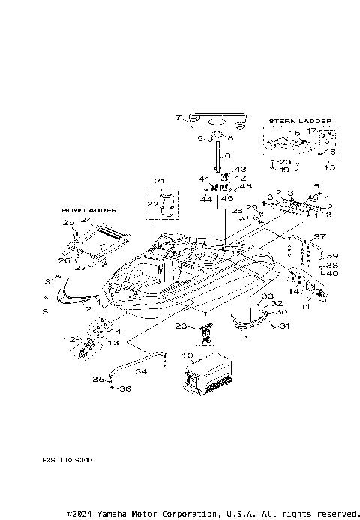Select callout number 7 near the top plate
pos(178,117)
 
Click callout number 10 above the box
pos(187,355)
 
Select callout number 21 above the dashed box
pos(158,181)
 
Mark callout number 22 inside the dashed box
pos(151,204)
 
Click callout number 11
pos(304,307)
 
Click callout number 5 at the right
pos(316,185)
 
